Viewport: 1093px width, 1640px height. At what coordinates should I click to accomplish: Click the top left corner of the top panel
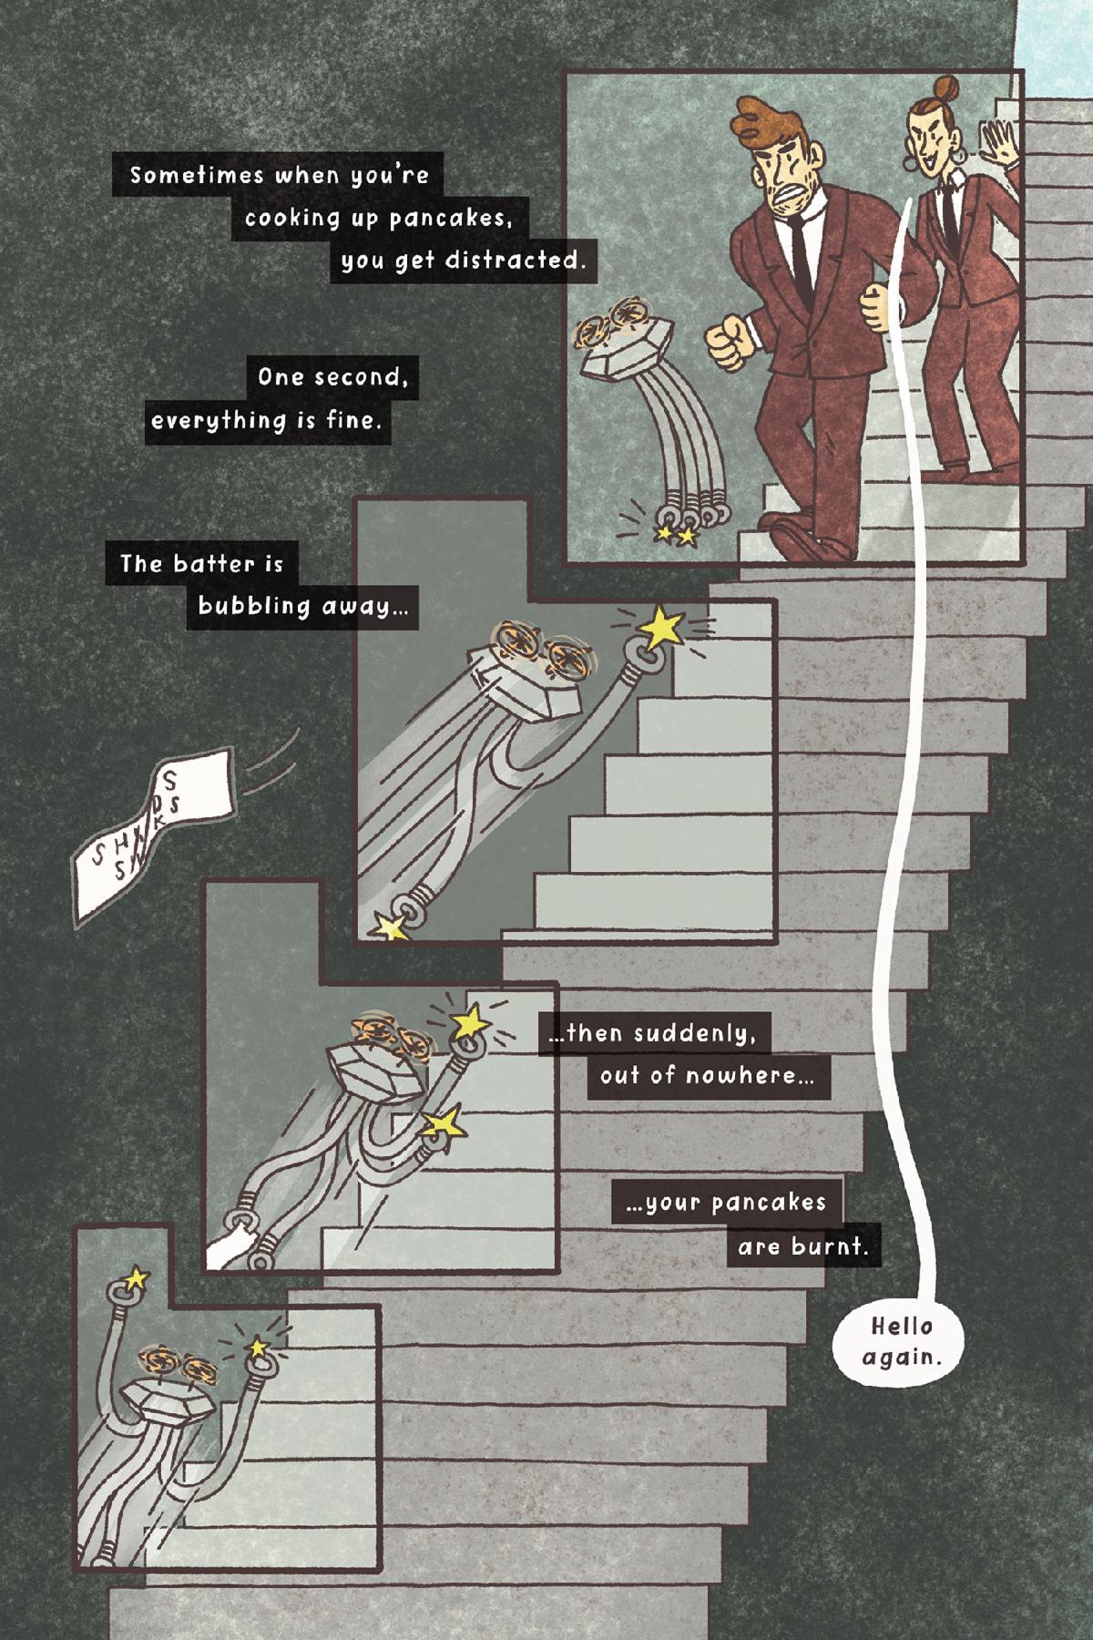coord(567,72)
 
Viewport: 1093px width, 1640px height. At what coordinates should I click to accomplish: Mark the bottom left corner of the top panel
coord(567,560)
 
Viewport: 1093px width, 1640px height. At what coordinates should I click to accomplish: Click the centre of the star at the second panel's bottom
coord(391,927)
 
